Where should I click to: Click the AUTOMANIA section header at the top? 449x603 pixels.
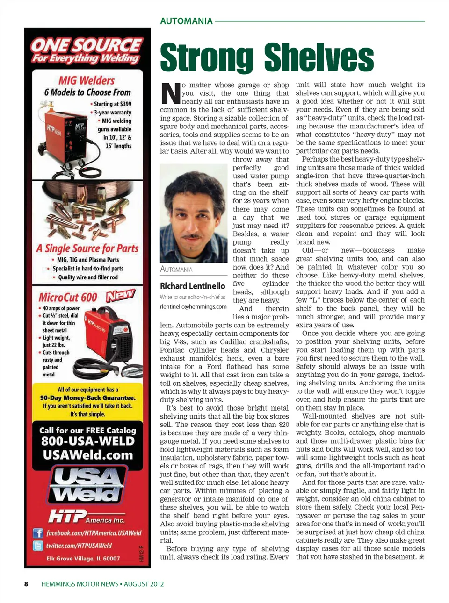coord(186,21)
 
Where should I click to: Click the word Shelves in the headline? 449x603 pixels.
coord(319,58)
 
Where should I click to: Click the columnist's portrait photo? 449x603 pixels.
coord(194,213)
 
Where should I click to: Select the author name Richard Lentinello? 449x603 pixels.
coord(192,286)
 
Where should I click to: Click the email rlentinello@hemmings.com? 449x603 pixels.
coord(193,306)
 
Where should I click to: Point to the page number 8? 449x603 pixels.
coord(26,584)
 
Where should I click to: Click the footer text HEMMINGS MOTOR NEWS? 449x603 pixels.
coord(80,584)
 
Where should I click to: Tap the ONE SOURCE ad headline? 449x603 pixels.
coord(87,45)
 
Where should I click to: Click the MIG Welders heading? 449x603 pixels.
coord(87,80)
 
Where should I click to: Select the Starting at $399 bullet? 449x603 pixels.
coord(112,104)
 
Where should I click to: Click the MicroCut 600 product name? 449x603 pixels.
coord(68,298)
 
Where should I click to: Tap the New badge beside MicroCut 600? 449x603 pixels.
coord(120,295)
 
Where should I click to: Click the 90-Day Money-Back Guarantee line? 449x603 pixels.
coord(87,398)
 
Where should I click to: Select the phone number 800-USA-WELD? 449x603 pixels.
coord(87,441)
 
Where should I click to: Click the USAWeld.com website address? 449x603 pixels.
coord(87,455)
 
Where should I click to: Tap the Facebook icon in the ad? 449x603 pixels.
coord(38,533)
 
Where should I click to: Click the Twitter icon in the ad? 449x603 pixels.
coord(38,546)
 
